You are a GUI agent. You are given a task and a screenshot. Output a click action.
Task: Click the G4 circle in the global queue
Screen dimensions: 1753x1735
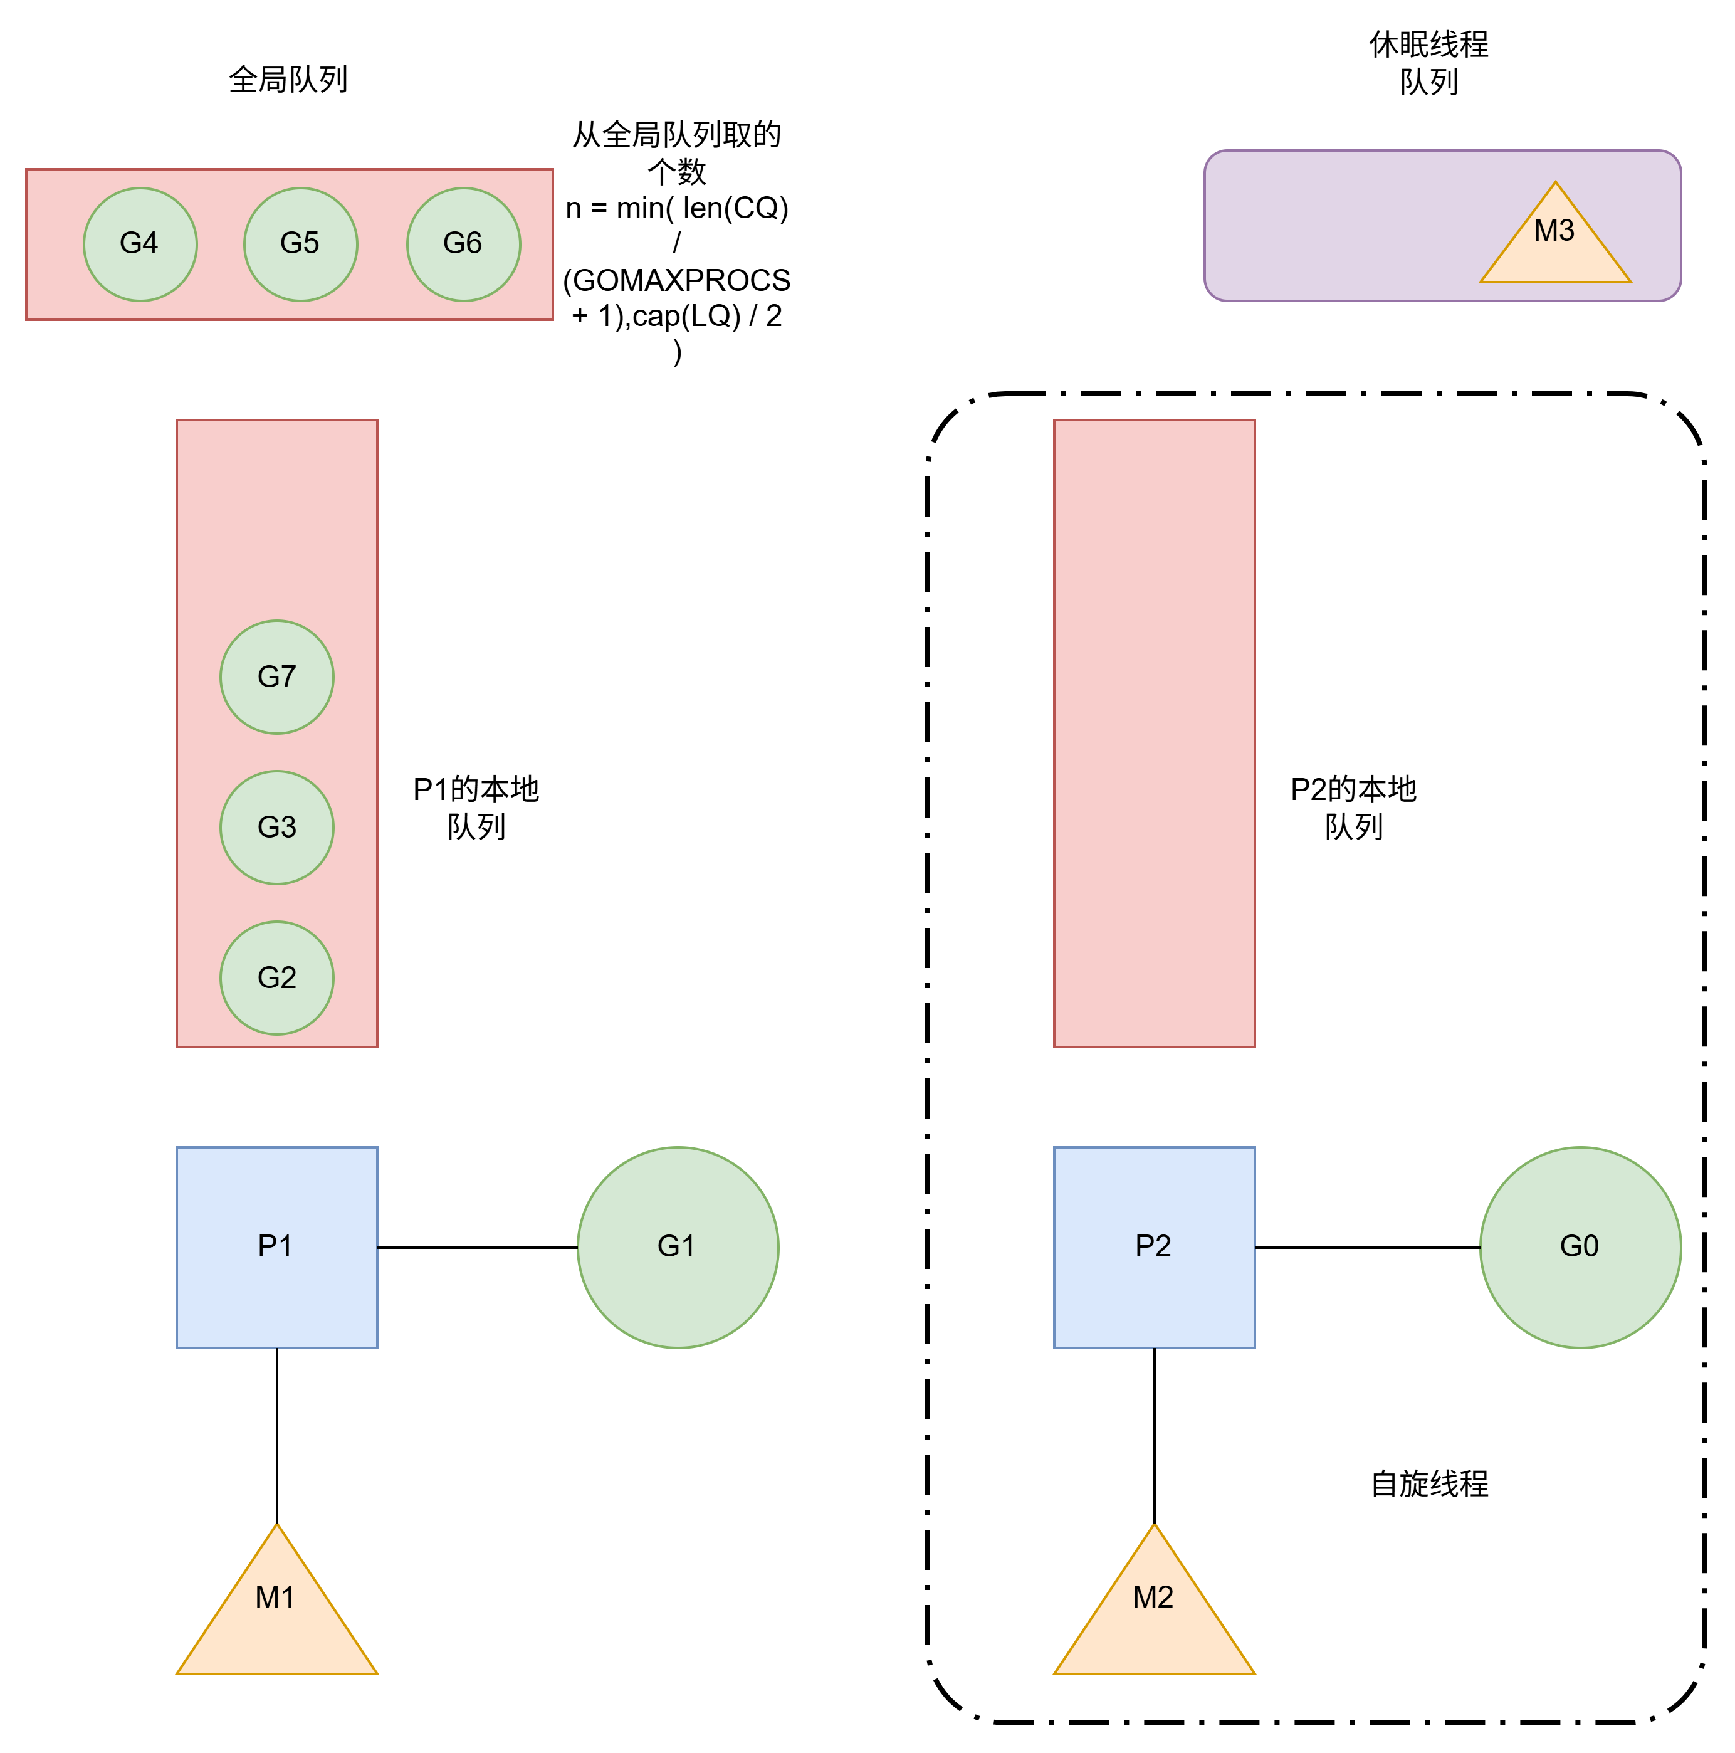point(140,244)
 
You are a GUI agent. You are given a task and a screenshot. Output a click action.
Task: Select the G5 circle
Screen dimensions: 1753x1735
point(300,244)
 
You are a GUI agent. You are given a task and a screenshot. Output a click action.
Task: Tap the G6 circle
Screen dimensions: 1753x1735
point(463,244)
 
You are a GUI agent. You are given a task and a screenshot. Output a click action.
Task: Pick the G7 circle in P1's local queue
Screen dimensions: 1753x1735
point(276,677)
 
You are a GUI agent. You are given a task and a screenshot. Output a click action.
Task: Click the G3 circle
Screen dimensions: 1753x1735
point(276,828)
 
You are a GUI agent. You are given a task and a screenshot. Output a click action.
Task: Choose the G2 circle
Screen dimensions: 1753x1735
point(276,978)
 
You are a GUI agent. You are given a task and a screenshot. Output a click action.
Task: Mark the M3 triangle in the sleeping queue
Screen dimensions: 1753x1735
point(1554,241)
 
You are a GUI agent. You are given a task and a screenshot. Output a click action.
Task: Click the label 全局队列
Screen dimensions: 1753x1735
point(288,80)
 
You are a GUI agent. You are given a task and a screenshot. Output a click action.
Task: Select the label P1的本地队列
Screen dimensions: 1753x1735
point(476,808)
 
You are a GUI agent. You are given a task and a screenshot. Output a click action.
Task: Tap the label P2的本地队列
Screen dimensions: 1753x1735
point(1353,808)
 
